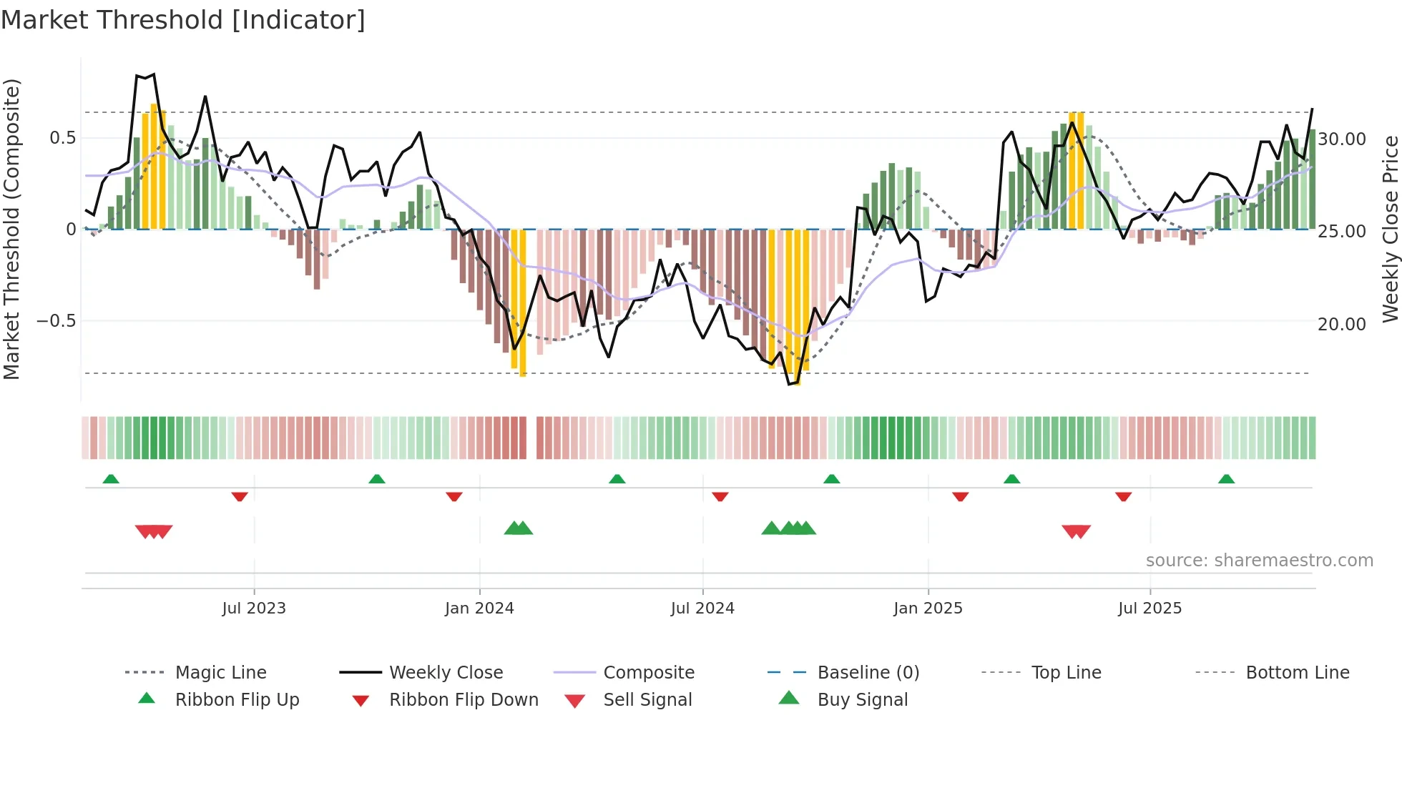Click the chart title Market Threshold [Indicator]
click(183, 20)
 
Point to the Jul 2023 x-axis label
click(254, 608)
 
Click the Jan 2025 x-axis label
click(928, 608)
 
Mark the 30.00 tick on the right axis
click(1342, 139)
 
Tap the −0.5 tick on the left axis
click(57, 320)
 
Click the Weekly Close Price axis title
click(1390, 229)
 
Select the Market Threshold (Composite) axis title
click(11, 229)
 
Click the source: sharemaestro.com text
click(1259, 560)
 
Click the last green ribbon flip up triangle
click(1226, 479)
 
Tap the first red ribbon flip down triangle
click(240, 496)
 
